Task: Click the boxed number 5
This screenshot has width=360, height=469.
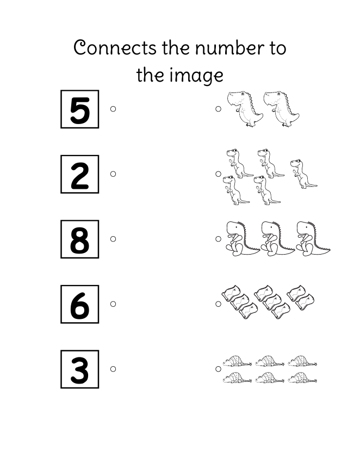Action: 80,109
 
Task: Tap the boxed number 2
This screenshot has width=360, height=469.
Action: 80,174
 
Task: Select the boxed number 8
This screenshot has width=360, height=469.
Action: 80,239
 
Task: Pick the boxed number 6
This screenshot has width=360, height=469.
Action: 80,304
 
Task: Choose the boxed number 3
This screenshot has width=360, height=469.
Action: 80,369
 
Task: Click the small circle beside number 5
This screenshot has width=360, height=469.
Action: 113,109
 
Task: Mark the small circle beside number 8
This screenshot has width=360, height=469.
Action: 113,239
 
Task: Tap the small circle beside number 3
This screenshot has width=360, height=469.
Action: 113,369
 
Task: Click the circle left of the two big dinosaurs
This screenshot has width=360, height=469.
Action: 218,109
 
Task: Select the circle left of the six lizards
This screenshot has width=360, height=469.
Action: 218,369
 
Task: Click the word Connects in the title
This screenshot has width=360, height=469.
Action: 115,48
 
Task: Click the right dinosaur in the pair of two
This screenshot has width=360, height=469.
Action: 281,109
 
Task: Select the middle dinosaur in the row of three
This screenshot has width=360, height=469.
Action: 277,239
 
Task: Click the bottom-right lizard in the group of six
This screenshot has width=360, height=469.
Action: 302,378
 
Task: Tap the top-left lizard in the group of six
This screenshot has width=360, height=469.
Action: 237,361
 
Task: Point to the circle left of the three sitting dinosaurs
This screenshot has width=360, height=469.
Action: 218,239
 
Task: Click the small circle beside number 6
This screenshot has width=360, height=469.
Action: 113,304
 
